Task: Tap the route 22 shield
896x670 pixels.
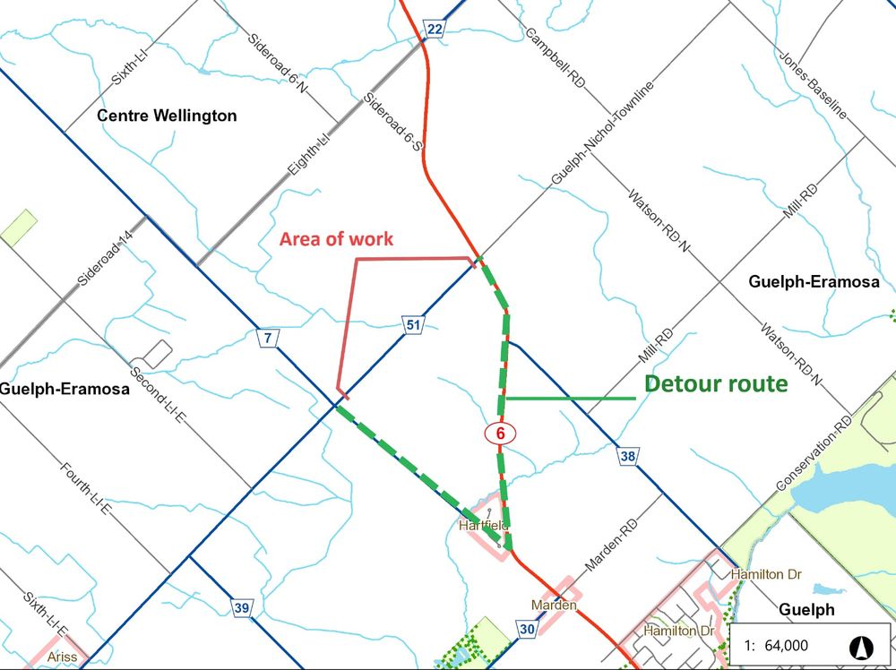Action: [x=435, y=30]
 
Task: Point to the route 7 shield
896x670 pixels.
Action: [x=267, y=338]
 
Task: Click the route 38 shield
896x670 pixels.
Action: [x=627, y=458]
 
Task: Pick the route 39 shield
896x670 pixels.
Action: [x=241, y=608]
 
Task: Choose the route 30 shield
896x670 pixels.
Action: [x=526, y=630]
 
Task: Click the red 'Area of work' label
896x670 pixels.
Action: [x=336, y=239]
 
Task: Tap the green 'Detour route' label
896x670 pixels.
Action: [x=716, y=384]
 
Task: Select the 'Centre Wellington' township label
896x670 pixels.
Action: [x=167, y=116]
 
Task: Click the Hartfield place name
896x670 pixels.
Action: [x=483, y=525]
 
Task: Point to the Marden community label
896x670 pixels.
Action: [x=552, y=606]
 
